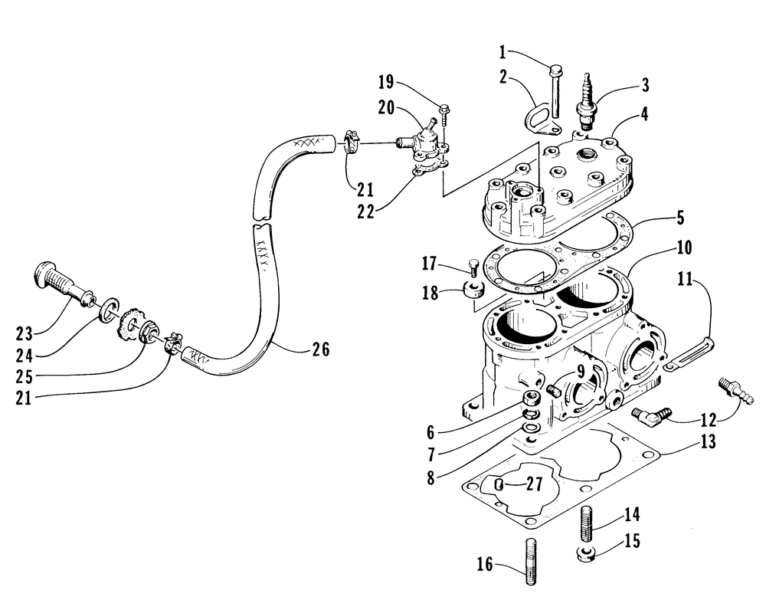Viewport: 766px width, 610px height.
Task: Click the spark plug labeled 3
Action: click(585, 102)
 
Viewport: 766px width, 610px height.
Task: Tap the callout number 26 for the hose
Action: click(320, 349)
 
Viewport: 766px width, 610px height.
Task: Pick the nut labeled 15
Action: click(584, 554)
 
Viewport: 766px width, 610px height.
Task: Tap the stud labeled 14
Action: click(588, 524)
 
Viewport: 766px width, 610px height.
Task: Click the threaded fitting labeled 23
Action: click(64, 285)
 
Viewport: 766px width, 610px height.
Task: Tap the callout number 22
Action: click(365, 212)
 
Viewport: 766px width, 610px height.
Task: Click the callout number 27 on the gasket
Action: click(534, 484)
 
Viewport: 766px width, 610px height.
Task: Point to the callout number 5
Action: click(680, 218)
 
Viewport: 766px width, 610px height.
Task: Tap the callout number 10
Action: click(684, 248)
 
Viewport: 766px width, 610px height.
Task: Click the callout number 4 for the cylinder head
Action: click(645, 114)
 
